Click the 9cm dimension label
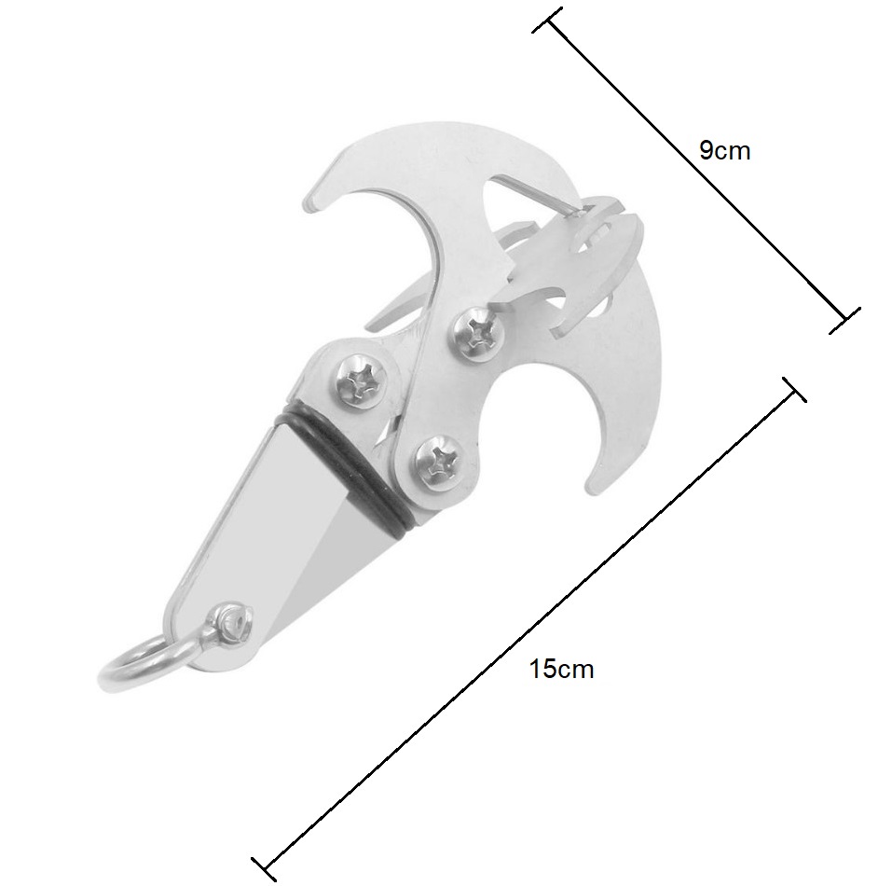tap(724, 151)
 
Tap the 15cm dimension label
tap(561, 669)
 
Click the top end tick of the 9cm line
tap(547, 21)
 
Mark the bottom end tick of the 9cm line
tap(845, 321)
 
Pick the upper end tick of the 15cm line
tap(794, 390)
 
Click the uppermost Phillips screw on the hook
tap(479, 333)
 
